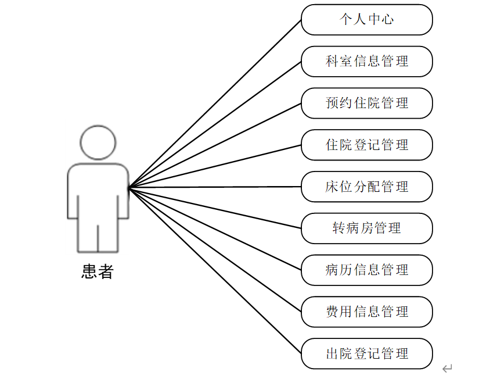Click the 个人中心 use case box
(x=366, y=20)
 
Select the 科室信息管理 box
(x=366, y=62)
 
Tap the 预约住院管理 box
(x=366, y=103)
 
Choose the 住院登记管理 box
(x=366, y=145)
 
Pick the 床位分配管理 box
(x=366, y=187)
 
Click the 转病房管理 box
(x=366, y=228)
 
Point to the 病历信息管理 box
(x=366, y=270)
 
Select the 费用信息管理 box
(x=366, y=312)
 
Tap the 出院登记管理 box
(x=366, y=353)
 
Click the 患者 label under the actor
(x=97, y=272)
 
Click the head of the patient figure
(x=98, y=142)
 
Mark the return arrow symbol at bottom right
(x=447, y=368)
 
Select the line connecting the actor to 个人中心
(x=215, y=103)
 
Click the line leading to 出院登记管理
(x=215, y=270)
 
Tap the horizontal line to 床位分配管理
(x=215, y=187)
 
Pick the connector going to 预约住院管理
(x=215, y=145)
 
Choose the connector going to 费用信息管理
(x=215, y=249)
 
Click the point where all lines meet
(x=129, y=187)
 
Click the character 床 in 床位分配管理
(x=332, y=187)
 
